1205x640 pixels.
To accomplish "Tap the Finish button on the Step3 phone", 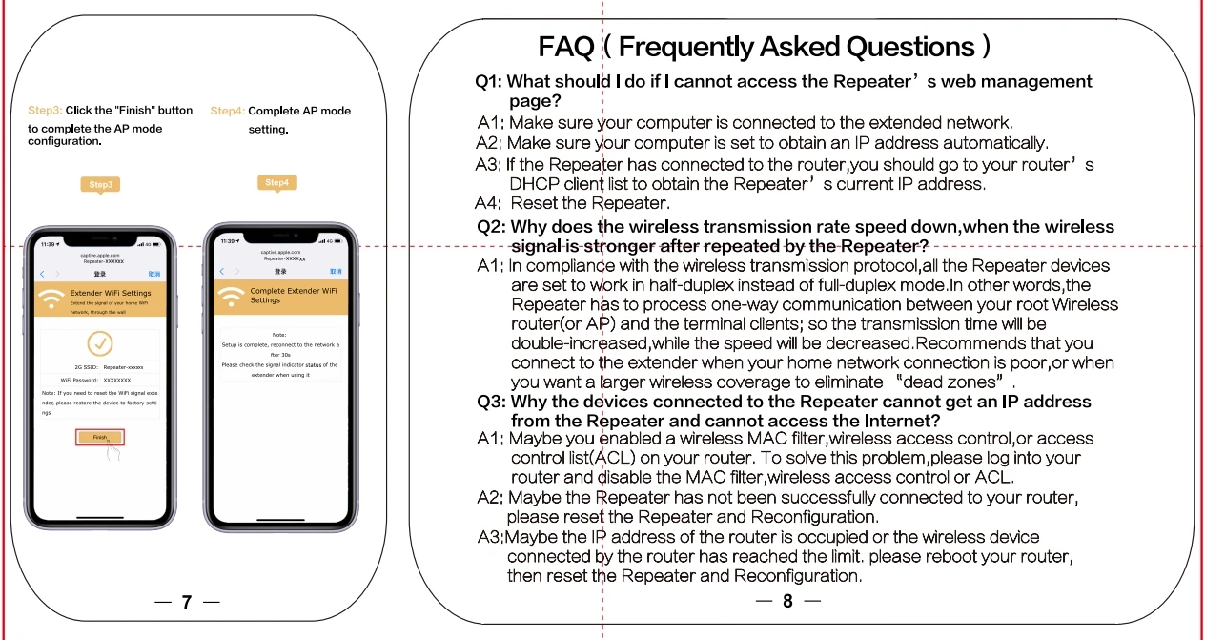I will click(x=100, y=437).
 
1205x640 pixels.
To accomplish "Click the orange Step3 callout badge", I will click(x=101, y=184).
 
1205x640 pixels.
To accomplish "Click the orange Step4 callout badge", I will click(x=276, y=182).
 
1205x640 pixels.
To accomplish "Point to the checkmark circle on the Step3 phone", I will click(x=99, y=343).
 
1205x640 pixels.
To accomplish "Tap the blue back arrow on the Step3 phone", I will click(x=42, y=273).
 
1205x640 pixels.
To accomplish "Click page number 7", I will click(x=187, y=602).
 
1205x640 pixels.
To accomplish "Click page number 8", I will click(x=787, y=601).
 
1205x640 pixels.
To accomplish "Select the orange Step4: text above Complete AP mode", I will click(x=228, y=111).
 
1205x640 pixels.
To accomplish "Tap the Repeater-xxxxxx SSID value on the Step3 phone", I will click(x=123, y=366).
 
